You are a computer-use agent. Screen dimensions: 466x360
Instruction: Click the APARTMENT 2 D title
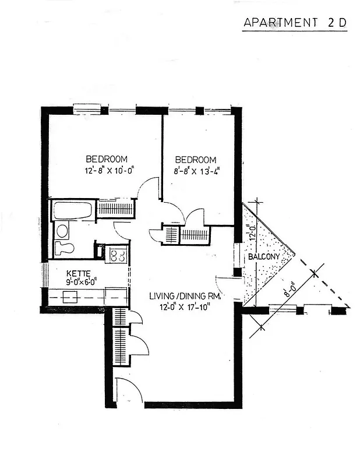(295, 23)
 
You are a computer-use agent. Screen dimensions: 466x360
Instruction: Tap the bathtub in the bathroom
(72, 210)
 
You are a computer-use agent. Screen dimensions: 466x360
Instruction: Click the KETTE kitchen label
(77, 273)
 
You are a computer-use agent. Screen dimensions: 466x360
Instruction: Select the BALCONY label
(263, 257)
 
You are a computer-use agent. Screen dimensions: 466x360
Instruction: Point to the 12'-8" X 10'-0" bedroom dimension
(108, 171)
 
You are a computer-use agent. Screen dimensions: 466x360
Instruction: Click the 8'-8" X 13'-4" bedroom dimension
(196, 171)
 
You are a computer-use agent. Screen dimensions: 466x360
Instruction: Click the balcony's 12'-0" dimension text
(251, 234)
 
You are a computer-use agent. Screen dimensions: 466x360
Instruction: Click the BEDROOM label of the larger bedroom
(107, 158)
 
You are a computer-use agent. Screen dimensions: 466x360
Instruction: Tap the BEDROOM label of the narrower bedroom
(196, 160)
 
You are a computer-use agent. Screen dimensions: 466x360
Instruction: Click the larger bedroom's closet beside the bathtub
(116, 208)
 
